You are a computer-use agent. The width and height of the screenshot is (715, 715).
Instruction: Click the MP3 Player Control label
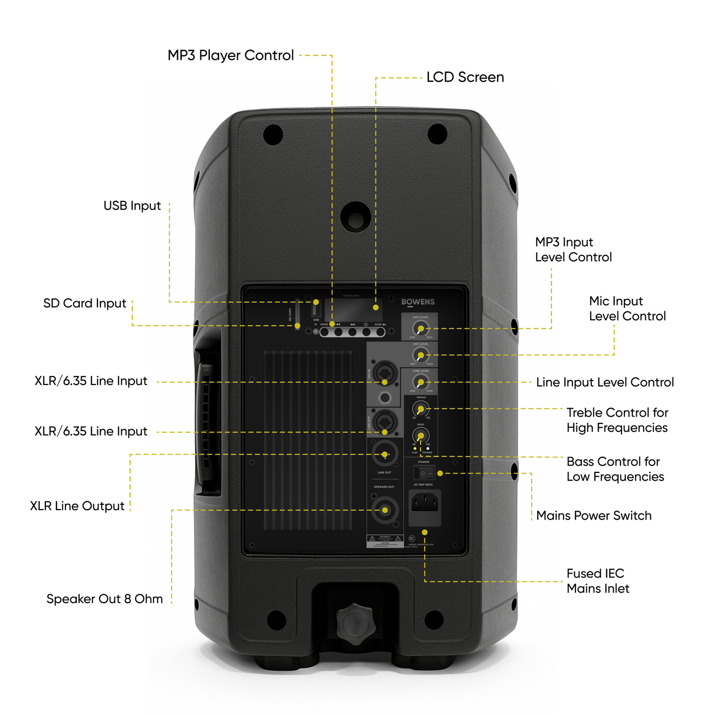pyautogui.click(x=231, y=55)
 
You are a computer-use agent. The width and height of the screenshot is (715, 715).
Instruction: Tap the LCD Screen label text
pyautogui.click(x=465, y=77)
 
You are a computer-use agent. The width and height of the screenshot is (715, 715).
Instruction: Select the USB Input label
pyautogui.click(x=132, y=206)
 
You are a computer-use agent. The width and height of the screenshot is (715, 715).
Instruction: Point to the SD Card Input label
pyautogui.click(x=85, y=303)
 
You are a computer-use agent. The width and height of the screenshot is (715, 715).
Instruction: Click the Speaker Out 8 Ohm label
pyautogui.click(x=104, y=599)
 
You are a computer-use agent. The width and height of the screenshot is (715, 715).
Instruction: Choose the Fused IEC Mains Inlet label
pyautogui.click(x=598, y=581)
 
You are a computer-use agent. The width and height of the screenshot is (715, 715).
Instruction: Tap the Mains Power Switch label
pyautogui.click(x=594, y=516)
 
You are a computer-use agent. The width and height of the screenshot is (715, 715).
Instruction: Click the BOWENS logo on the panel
pyautogui.click(x=418, y=302)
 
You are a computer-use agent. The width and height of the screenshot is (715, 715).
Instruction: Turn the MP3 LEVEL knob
pyautogui.click(x=421, y=328)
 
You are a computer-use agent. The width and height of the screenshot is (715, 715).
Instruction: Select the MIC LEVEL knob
pyautogui.click(x=421, y=355)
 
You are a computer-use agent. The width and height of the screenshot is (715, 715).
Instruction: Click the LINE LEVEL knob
pyautogui.click(x=421, y=381)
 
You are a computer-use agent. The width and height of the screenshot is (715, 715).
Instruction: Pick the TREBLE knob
pyautogui.click(x=421, y=409)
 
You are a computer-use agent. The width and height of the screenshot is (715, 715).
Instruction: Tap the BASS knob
pyautogui.click(x=421, y=435)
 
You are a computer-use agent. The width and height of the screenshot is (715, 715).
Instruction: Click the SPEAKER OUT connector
pyautogui.click(x=384, y=510)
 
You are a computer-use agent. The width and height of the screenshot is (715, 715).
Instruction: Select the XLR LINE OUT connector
pyautogui.click(x=384, y=454)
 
